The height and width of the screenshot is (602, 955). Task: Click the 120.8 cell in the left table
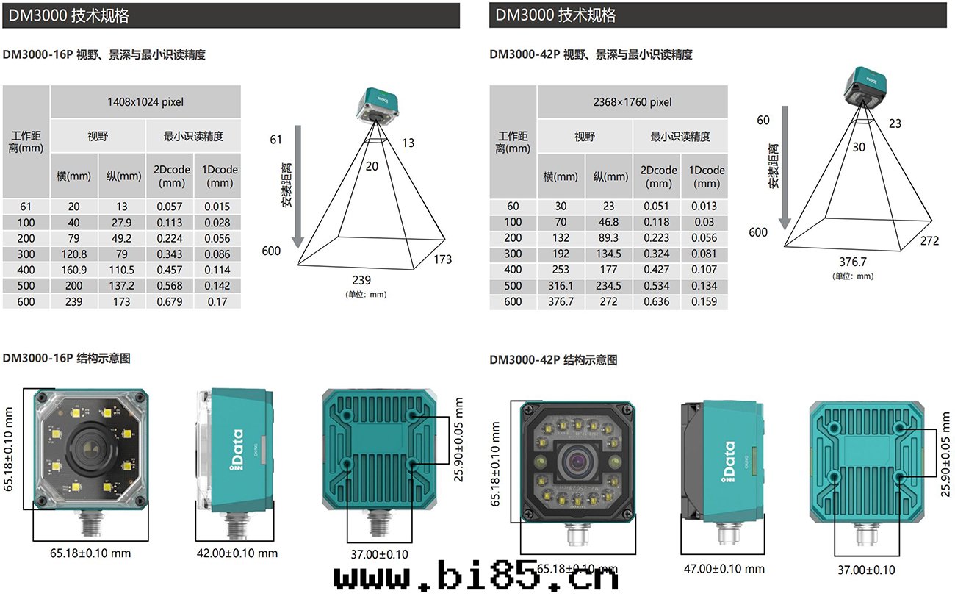pyautogui.click(x=73, y=254)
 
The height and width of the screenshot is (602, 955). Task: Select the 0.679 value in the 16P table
pyautogui.click(x=170, y=301)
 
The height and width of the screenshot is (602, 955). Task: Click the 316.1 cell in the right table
pyautogui.click(x=561, y=285)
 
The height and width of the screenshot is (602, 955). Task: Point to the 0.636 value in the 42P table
pyautogui.click(x=657, y=301)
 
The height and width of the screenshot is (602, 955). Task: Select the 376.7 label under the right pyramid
pyautogui.click(x=853, y=262)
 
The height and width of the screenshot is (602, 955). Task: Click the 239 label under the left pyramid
pyautogui.click(x=361, y=280)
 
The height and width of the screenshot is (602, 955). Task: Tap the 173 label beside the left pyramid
pyautogui.click(x=442, y=259)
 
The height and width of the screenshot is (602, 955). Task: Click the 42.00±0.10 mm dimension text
pyautogui.click(x=237, y=553)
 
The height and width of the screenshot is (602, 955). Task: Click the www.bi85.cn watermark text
pyautogui.click(x=476, y=578)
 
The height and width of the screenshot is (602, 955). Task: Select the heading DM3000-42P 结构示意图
pyautogui.click(x=553, y=360)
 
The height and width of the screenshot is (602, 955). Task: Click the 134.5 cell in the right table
pyautogui.click(x=609, y=254)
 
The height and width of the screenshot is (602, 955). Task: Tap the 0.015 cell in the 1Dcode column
pyautogui.click(x=217, y=207)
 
